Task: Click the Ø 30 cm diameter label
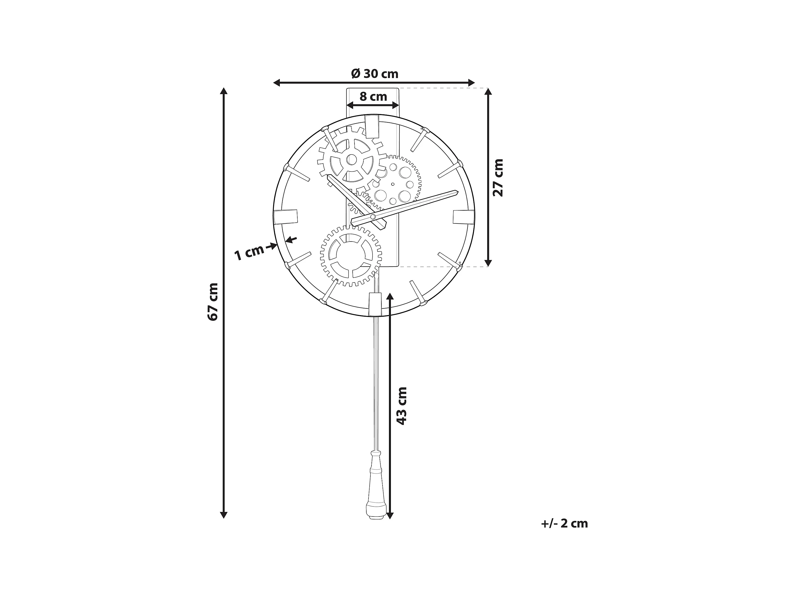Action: pyautogui.click(x=374, y=74)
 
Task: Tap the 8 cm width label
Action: pyautogui.click(x=373, y=97)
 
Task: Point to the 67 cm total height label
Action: pyautogui.click(x=212, y=302)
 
